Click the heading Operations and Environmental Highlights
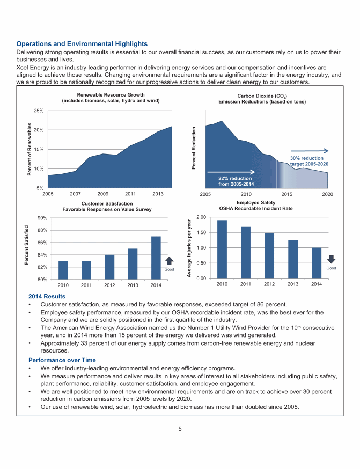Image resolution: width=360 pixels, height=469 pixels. (x=82, y=43)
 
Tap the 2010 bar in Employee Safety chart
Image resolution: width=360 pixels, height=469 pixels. (x=222, y=249)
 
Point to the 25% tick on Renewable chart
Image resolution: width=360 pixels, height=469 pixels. (x=38, y=111)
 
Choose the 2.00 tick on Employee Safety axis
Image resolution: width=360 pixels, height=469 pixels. (x=201, y=217)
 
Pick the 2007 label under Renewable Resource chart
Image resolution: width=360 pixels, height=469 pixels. (x=75, y=193)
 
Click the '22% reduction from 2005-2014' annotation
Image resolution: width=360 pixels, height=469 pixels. (x=236, y=181)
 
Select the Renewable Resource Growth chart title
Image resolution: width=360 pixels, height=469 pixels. (x=111, y=98)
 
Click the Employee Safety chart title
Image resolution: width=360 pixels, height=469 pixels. (x=256, y=205)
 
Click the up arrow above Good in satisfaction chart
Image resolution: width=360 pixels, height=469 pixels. (x=169, y=261)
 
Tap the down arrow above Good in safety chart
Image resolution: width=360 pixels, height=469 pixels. (x=330, y=259)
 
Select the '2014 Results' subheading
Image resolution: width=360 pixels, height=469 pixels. (x=47, y=296)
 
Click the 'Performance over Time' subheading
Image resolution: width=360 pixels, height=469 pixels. (x=58, y=360)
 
